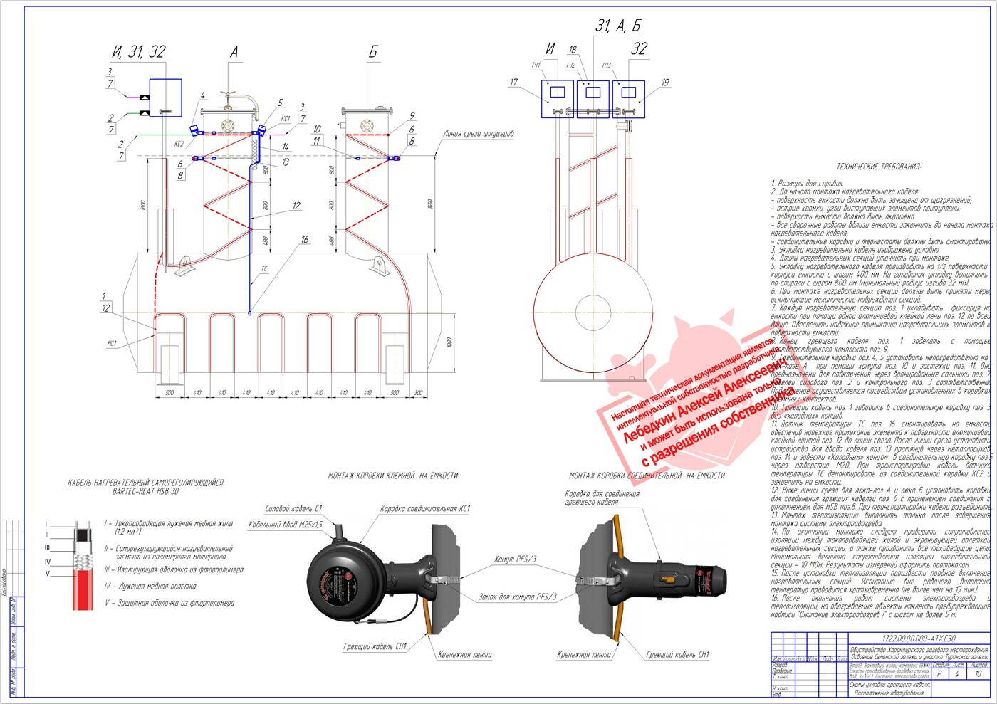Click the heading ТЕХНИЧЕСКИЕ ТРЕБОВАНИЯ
pos(878,167)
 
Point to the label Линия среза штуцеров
pos(478,134)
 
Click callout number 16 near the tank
pos(305,240)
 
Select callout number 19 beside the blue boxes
pos(665,83)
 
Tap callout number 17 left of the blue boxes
pos(513,83)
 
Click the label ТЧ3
pos(606,65)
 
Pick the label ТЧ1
pos(536,65)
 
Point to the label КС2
pos(179,144)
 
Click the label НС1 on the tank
pos(112,343)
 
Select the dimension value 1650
pos(430,204)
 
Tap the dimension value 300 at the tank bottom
pos(418,393)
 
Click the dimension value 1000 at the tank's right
pos(449,342)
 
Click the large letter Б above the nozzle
pos(372,52)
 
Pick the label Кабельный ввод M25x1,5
pos(286,525)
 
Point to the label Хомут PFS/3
pos(516,559)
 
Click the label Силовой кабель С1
pos(293,508)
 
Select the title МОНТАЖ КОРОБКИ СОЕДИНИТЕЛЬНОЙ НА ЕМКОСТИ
pos(647,476)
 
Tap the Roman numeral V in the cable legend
pos(48,573)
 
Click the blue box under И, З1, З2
pos(166,98)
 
